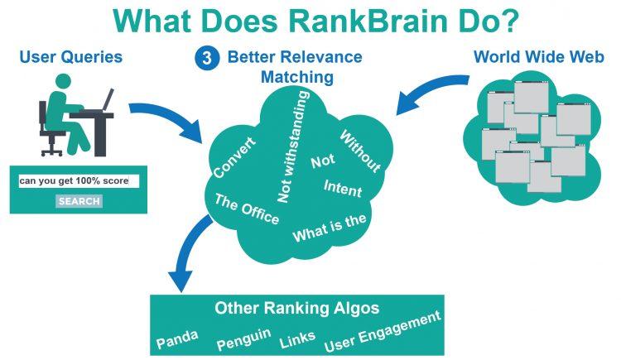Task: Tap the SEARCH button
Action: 79,201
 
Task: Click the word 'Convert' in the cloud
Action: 233,156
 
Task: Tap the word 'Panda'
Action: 176,339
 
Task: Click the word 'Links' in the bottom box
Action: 296,339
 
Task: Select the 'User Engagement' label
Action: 382,330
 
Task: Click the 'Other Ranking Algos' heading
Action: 296,309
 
